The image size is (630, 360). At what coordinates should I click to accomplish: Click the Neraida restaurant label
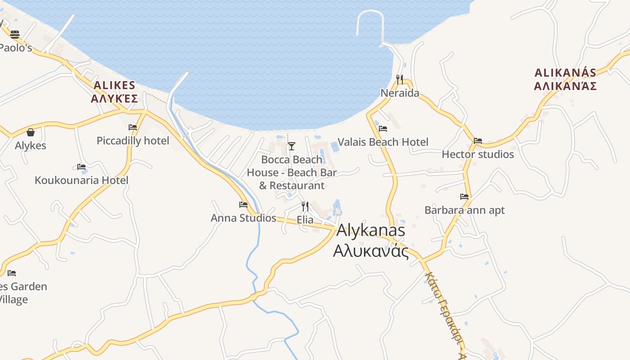coord(400,93)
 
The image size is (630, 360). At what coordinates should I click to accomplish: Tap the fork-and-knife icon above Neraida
coord(400,79)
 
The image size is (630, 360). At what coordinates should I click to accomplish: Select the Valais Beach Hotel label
coord(383,142)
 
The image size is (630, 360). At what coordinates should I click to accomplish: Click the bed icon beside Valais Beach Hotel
coord(383,128)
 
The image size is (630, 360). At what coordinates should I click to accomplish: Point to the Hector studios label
coord(477,154)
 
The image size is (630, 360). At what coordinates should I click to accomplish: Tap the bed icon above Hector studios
coord(478,140)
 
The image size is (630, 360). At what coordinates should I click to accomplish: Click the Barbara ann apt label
coord(464,210)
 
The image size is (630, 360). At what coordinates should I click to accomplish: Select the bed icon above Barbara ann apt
coord(464,196)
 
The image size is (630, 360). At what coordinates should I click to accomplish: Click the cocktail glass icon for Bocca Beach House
coord(292,146)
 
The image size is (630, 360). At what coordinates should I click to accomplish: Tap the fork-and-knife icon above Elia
coord(305,206)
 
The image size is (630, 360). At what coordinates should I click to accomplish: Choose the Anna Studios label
coord(243,218)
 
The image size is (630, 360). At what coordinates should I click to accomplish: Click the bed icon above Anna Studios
coord(243,204)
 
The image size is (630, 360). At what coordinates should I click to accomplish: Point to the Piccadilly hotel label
coord(133,141)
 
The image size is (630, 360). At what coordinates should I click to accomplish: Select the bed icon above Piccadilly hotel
coord(133,127)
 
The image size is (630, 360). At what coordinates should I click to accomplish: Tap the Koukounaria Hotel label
coord(81,180)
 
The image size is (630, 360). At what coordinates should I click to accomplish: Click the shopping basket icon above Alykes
coord(31,132)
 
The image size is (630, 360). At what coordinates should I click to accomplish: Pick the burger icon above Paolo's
coord(15,34)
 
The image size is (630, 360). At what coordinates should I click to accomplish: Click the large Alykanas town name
coord(371,230)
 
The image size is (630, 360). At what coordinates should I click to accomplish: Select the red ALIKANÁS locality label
coord(565,72)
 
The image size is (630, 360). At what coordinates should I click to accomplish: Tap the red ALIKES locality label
coord(114,85)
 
